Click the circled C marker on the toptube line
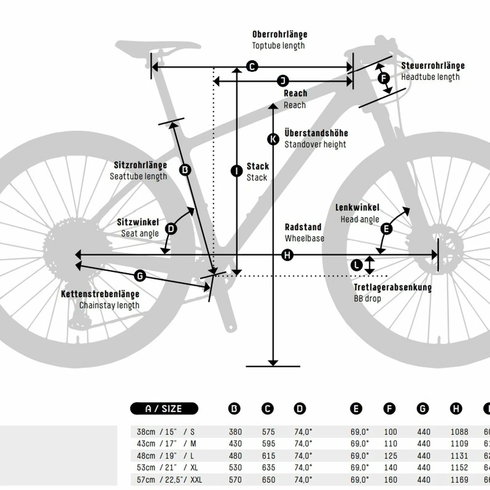[252, 67]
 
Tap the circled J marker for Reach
[283, 81]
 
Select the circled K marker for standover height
[273, 139]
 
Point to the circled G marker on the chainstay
[140, 276]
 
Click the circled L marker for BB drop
[356, 265]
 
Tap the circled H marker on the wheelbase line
[287, 255]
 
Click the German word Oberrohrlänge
[279, 34]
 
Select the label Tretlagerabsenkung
[392, 287]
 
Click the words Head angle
[359, 219]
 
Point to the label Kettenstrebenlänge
[100, 294]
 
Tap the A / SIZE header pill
[164, 409]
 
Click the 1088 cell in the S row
[459, 432]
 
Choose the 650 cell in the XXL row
[268, 480]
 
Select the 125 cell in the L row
[390, 456]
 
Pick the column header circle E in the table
[356, 409]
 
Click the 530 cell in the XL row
[235, 468]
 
